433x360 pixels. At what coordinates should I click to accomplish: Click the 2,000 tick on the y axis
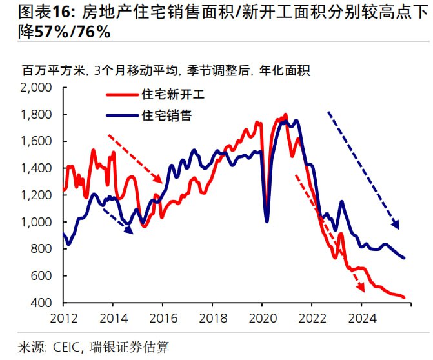point(40,87)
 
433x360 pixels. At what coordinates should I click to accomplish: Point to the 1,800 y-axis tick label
point(40,114)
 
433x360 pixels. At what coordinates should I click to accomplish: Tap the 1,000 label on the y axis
point(40,222)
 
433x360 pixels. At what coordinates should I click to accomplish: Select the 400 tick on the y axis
point(45,303)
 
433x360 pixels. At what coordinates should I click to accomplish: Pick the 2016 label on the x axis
point(163,317)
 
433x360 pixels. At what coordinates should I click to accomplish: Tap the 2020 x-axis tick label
point(262,317)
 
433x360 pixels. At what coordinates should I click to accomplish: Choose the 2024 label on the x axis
point(361,317)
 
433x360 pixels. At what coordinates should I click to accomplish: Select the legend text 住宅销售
point(166,116)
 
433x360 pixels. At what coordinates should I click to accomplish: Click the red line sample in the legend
point(121,95)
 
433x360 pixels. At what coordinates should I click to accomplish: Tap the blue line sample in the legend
point(121,116)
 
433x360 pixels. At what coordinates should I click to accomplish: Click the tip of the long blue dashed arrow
point(399,229)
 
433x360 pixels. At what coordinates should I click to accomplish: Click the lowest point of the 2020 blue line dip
point(267,221)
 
